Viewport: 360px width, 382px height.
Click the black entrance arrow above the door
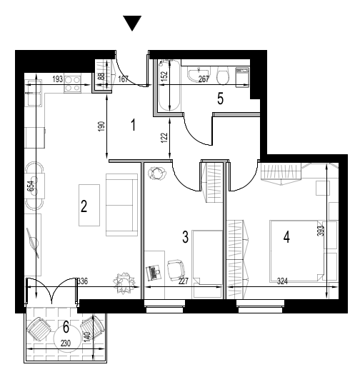coord(132,23)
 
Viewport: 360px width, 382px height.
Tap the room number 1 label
coord(133,125)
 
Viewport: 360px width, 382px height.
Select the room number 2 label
coord(84,206)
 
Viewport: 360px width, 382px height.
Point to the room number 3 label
coord(185,237)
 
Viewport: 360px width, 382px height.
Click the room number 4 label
coord(286,237)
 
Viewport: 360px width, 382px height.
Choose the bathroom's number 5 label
coord(220,99)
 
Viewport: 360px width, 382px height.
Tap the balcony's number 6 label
coord(66,327)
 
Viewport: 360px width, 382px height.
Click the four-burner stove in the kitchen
coord(72,84)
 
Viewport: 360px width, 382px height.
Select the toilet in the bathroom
coord(223,75)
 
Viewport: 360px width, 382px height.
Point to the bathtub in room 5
coord(169,86)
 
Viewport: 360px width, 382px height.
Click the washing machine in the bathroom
coord(242,77)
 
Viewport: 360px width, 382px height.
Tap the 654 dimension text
coord(32,187)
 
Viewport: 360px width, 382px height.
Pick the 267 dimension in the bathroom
coord(204,79)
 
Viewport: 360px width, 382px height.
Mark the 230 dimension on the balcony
coord(66,343)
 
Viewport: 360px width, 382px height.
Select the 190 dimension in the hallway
coord(102,126)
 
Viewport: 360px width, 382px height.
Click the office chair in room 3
coord(176,270)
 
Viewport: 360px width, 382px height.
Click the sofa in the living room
coord(121,205)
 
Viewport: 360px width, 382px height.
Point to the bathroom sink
coord(199,74)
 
